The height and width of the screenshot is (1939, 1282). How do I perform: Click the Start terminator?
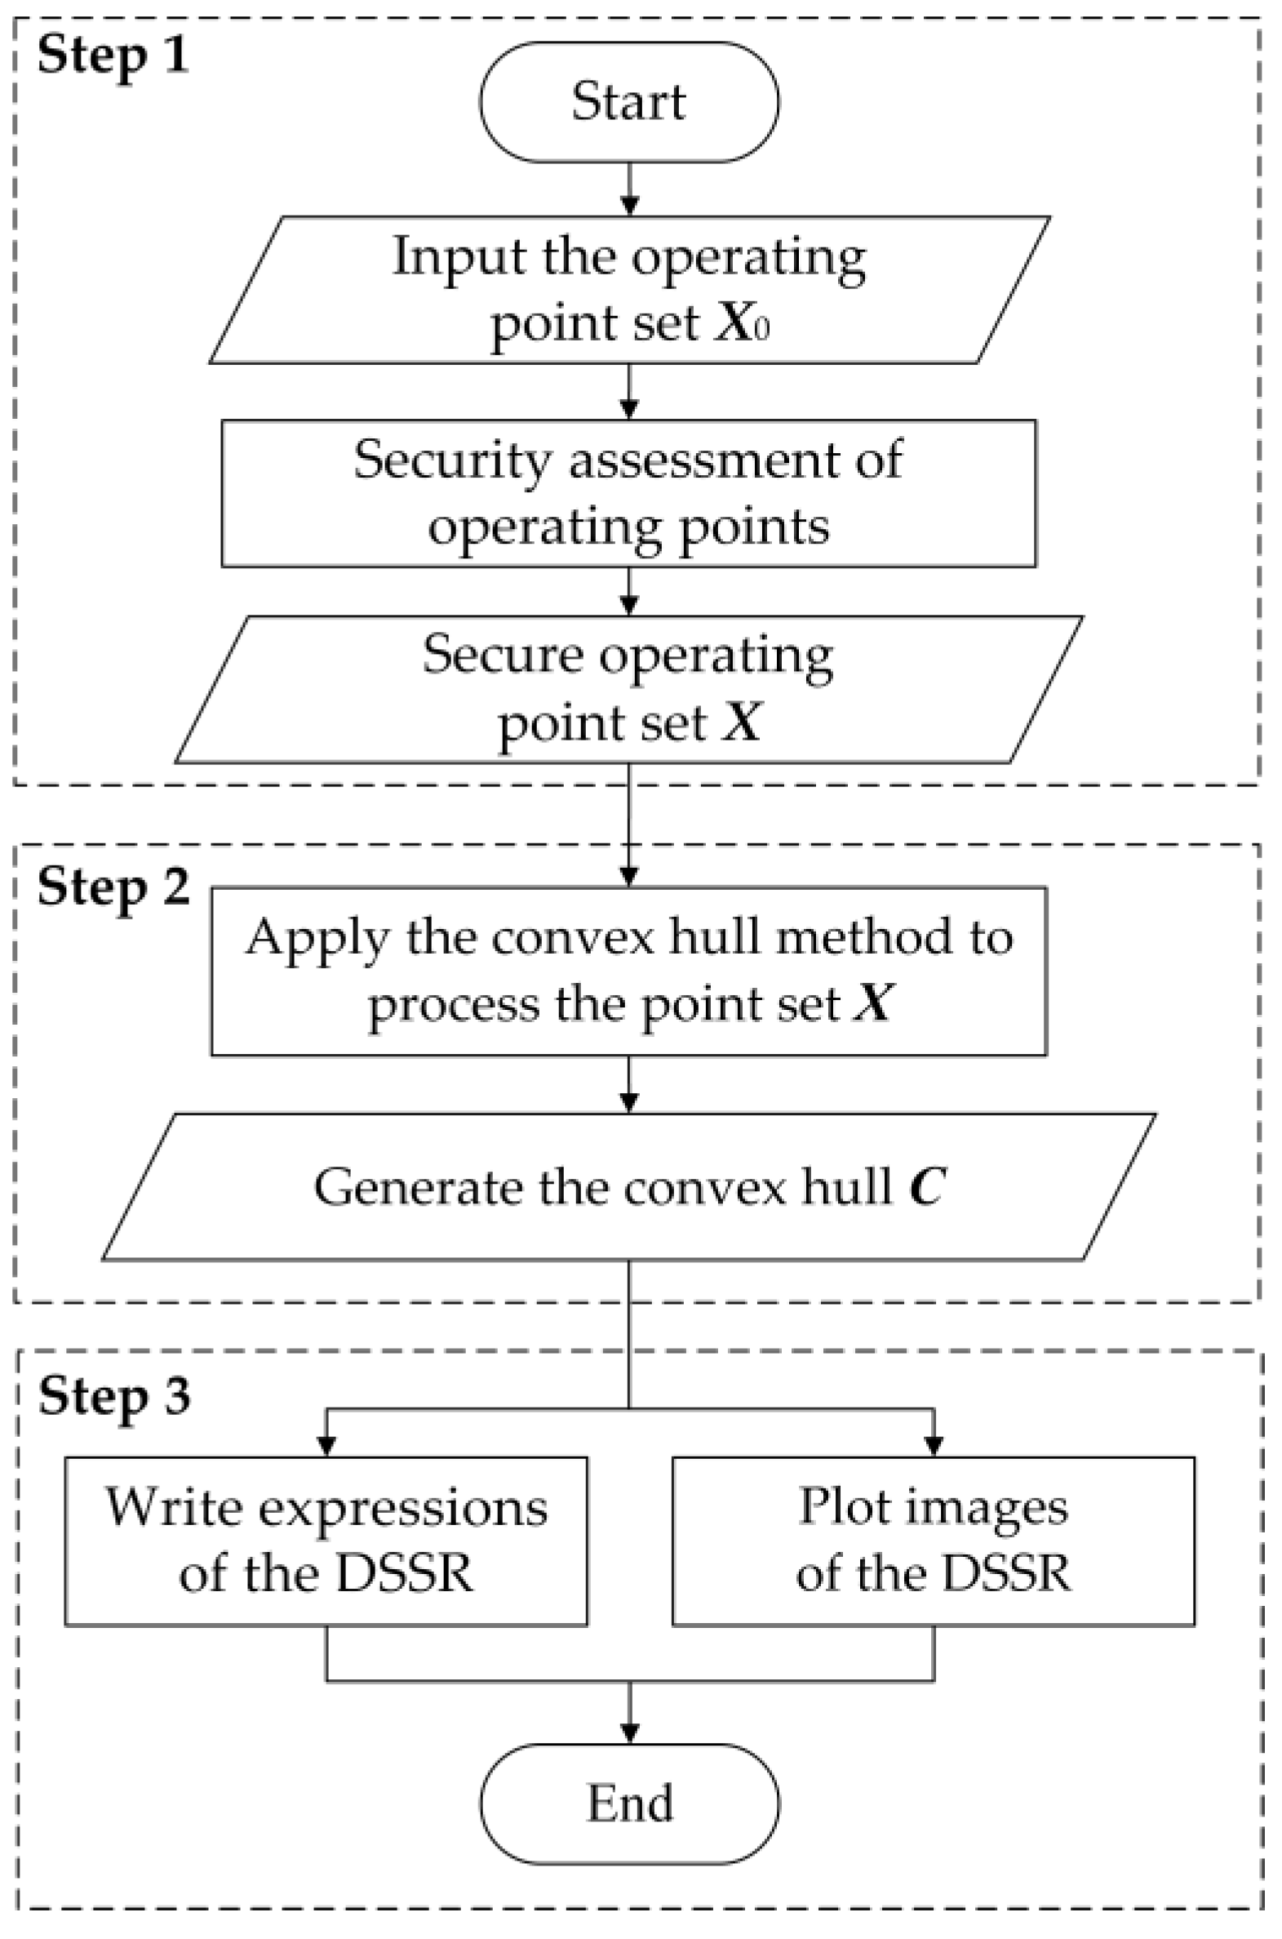tap(628, 102)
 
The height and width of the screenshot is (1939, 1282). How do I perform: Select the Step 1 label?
tap(113, 56)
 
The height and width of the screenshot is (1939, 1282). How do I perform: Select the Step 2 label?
tap(113, 887)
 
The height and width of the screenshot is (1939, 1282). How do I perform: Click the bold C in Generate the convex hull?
tap(927, 1186)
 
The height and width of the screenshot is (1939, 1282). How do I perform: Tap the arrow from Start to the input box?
tap(628, 189)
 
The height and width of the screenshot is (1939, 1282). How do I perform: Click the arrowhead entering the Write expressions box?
tap(326, 1446)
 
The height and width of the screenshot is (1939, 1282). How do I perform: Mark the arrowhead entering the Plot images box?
tap(933, 1446)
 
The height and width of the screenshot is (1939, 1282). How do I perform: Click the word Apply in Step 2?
tap(317, 938)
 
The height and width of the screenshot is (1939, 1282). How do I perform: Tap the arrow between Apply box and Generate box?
tap(628, 1084)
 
